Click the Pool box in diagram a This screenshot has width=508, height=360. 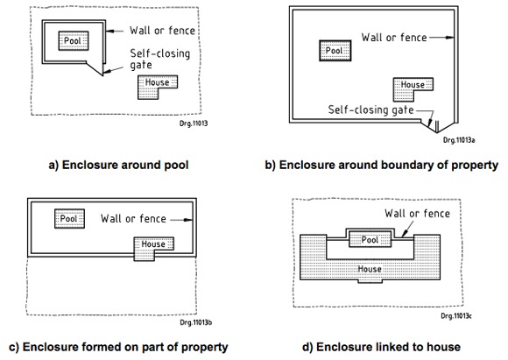tap(74, 41)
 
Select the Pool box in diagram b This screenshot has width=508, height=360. tap(335, 51)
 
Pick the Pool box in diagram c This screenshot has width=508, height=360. tap(69, 219)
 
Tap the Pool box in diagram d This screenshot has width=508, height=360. tap(370, 239)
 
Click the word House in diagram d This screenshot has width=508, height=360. tap(370, 269)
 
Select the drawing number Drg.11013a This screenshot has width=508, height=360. tap(459, 140)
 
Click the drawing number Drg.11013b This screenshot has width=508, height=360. tap(196, 322)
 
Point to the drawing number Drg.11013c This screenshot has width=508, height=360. tap(456, 315)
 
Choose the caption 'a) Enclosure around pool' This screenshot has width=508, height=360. tap(118, 165)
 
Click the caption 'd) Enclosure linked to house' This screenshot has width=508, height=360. tap(381, 347)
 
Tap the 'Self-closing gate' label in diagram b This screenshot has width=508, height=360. tap(371, 109)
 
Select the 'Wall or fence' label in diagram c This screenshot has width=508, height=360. tap(133, 218)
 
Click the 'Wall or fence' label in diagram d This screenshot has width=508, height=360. tap(417, 213)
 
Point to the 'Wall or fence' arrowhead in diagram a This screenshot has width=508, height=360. tap(110, 32)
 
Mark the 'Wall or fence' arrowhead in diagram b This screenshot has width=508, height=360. tap(450, 38)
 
